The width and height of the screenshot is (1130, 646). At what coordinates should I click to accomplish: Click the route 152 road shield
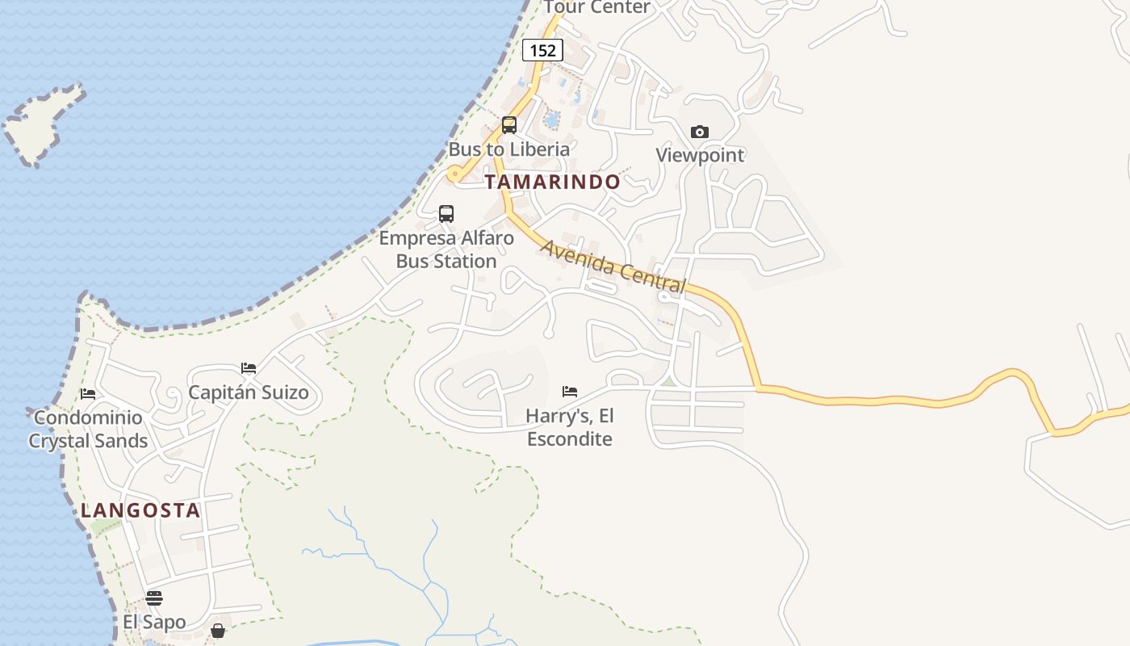point(542,50)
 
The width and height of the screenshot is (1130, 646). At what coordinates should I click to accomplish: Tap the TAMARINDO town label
point(552,182)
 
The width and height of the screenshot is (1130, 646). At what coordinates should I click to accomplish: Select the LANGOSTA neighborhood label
point(140,510)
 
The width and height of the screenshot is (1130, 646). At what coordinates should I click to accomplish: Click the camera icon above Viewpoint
point(700,132)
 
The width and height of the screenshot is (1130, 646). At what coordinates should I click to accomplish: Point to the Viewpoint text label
point(700,155)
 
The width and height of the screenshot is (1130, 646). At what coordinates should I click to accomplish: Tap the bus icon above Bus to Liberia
point(509,125)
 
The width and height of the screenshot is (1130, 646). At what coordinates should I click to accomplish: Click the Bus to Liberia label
point(509,149)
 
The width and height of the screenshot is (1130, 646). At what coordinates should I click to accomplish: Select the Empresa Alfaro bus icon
point(446,214)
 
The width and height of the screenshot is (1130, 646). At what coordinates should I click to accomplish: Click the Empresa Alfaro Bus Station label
point(446,250)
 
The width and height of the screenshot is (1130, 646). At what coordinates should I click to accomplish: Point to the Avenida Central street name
point(613,266)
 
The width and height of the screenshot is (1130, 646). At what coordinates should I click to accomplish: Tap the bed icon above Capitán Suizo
point(249,368)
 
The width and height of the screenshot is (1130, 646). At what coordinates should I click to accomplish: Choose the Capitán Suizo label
point(249,392)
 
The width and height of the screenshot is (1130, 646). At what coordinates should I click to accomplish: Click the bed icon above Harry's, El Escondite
point(570,392)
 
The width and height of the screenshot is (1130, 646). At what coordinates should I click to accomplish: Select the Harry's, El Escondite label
point(570,427)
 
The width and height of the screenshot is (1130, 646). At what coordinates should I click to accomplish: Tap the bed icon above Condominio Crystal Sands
point(88,394)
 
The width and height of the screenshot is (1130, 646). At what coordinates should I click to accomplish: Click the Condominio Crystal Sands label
point(88,429)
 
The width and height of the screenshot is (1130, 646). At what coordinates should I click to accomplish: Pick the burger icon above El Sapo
point(154,598)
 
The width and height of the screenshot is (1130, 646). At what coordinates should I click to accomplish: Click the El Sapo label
point(154,622)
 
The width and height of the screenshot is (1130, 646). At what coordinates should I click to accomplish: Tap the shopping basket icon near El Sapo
point(218,631)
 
